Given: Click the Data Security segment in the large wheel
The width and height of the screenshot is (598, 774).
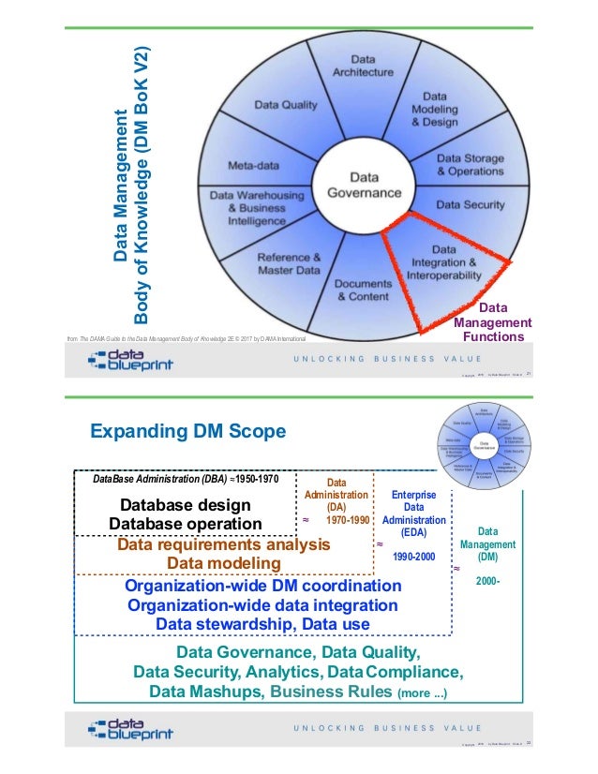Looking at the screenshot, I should [x=470, y=204].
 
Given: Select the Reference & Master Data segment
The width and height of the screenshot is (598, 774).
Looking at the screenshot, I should [x=279, y=263].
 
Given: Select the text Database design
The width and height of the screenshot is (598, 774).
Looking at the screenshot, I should [x=185, y=504].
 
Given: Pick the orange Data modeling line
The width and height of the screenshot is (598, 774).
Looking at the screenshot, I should [x=223, y=563].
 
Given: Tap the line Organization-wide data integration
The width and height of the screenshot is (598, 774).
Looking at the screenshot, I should [x=262, y=604].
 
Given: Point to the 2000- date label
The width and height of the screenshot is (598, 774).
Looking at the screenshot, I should [x=488, y=581].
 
